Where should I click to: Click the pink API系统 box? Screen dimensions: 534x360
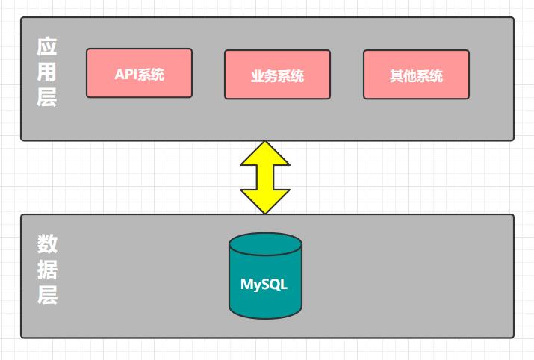140,73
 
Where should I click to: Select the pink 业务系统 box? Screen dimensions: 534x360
277,74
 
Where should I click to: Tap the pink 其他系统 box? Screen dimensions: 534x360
416,74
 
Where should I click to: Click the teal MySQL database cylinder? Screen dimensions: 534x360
265,276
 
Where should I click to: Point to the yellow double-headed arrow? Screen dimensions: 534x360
265,178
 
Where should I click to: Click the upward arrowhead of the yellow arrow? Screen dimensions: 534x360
265,153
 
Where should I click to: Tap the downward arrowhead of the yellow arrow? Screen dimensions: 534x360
265,202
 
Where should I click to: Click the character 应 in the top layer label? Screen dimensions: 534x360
46,46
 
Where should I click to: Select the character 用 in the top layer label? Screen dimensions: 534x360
46,72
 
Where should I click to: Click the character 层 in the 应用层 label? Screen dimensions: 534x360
46,97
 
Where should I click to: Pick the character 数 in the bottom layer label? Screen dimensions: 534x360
47,244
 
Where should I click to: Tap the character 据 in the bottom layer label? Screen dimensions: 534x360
47,270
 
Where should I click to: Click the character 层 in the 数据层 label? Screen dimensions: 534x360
47,295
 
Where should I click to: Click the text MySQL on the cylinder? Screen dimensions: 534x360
264,285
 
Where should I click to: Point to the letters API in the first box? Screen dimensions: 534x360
126,74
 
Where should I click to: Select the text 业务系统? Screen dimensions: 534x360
277,76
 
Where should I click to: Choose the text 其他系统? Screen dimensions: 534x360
416,76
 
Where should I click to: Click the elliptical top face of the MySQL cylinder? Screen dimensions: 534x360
265,244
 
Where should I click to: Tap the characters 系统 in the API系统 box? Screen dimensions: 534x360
151,74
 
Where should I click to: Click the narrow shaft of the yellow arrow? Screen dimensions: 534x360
265,178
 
